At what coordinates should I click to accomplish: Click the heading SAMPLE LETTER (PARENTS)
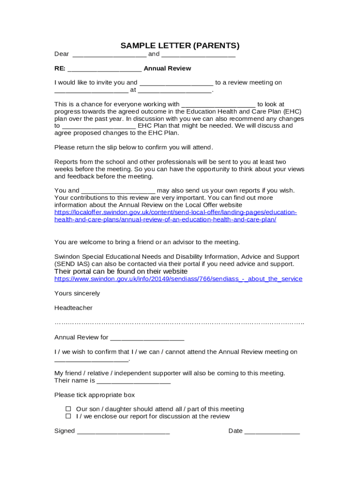click(180, 45)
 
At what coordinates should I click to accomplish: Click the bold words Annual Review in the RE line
click(167, 68)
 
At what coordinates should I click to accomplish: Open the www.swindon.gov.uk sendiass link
click(178, 279)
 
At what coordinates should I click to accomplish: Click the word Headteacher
click(73, 308)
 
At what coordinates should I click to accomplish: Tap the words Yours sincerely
click(77, 293)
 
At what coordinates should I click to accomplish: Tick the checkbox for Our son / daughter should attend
click(68, 409)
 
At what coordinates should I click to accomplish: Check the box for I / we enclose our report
click(68, 416)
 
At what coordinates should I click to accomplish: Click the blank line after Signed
click(123, 431)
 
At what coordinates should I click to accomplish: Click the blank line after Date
click(272, 431)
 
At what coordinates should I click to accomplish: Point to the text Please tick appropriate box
click(94, 395)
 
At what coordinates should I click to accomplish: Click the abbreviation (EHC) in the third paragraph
click(292, 111)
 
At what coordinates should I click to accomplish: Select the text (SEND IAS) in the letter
click(70, 264)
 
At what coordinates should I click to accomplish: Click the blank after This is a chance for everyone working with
click(218, 105)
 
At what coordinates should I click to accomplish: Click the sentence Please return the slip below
click(133, 147)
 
